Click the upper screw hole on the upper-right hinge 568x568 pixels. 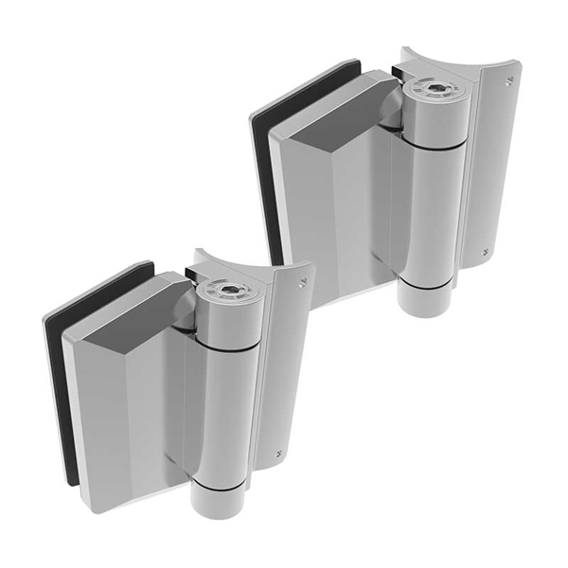click(x=511, y=81)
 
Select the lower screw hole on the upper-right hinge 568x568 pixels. click(x=487, y=252)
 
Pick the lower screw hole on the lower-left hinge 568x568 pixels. click(x=276, y=453)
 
